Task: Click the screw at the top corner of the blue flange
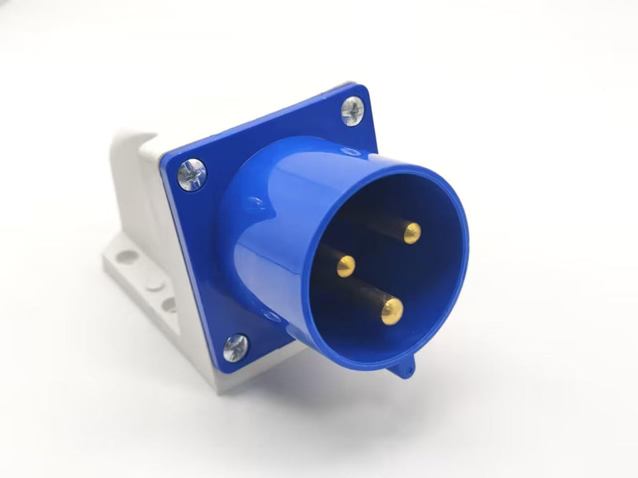[x=352, y=111]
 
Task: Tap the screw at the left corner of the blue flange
[x=191, y=174]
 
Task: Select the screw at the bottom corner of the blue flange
[x=236, y=347]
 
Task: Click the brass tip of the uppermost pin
[x=412, y=233]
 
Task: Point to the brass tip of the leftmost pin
[x=346, y=266]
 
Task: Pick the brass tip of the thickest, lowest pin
[x=392, y=311]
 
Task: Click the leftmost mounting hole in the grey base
[x=128, y=256]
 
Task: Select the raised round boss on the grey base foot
[x=153, y=284]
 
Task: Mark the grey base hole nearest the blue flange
[x=169, y=304]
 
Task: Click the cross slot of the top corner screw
[x=352, y=111]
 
